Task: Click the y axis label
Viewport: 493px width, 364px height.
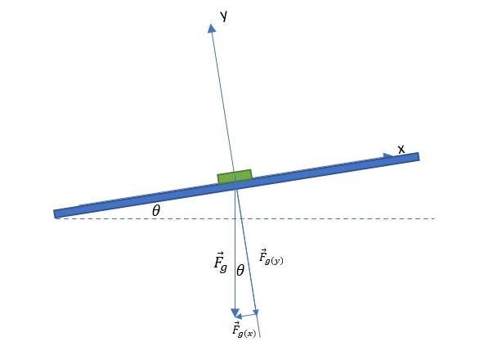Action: click(222, 15)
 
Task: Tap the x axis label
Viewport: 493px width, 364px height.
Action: click(401, 149)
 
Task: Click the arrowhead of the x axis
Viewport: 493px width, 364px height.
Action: click(389, 155)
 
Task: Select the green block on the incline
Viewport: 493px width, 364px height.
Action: click(235, 177)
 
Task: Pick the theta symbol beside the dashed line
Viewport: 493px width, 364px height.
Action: click(156, 210)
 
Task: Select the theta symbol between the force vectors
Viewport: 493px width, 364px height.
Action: click(240, 269)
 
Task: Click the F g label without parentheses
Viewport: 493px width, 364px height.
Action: click(220, 263)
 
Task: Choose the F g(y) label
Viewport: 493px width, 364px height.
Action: click(271, 257)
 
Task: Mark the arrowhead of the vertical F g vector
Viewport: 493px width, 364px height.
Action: click(235, 312)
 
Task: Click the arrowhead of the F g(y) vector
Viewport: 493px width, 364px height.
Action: click(257, 312)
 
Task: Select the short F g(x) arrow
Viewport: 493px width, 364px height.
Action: click(246, 315)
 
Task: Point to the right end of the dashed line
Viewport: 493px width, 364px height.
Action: click(433, 218)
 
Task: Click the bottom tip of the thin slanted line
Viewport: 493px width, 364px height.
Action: click(261, 338)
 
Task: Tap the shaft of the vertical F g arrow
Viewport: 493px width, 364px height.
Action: click(235, 245)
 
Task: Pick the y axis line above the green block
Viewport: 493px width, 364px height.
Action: click(222, 98)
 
